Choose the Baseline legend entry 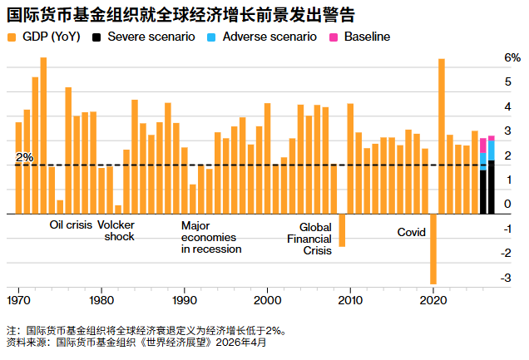pyautogui.click(x=366, y=37)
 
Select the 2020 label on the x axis pyautogui.click(x=433, y=299)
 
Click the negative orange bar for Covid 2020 pyautogui.click(x=433, y=249)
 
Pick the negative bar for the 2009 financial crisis pyautogui.click(x=342, y=230)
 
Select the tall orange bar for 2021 pyautogui.click(x=442, y=133)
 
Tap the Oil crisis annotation pyautogui.click(x=71, y=225)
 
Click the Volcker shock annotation pyautogui.click(x=116, y=230)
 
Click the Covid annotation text pyautogui.click(x=411, y=233)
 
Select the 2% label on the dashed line pyautogui.click(x=25, y=157)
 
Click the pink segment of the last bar pyautogui.click(x=492, y=138)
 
